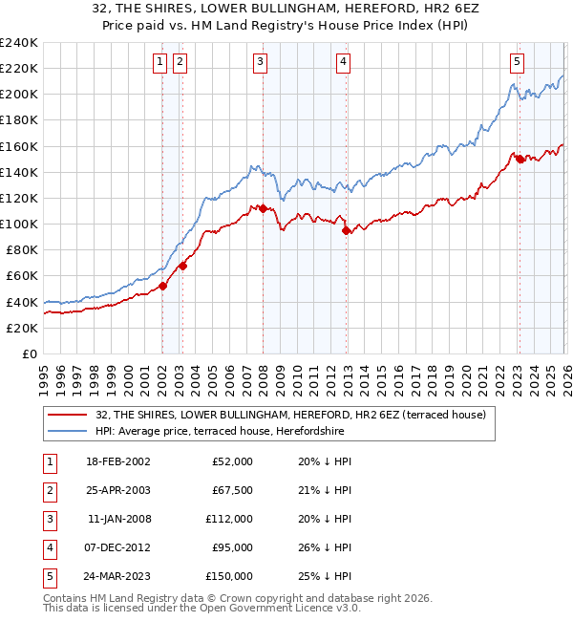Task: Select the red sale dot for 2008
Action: point(263,208)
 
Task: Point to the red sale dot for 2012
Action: point(346,230)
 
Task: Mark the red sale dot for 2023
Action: point(520,160)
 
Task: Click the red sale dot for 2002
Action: point(163,286)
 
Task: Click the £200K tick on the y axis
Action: point(18,95)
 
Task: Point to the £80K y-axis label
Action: point(21,250)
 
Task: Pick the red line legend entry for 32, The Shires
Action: point(290,415)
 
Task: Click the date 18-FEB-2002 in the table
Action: point(117,460)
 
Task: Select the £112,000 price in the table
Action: point(230,519)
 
